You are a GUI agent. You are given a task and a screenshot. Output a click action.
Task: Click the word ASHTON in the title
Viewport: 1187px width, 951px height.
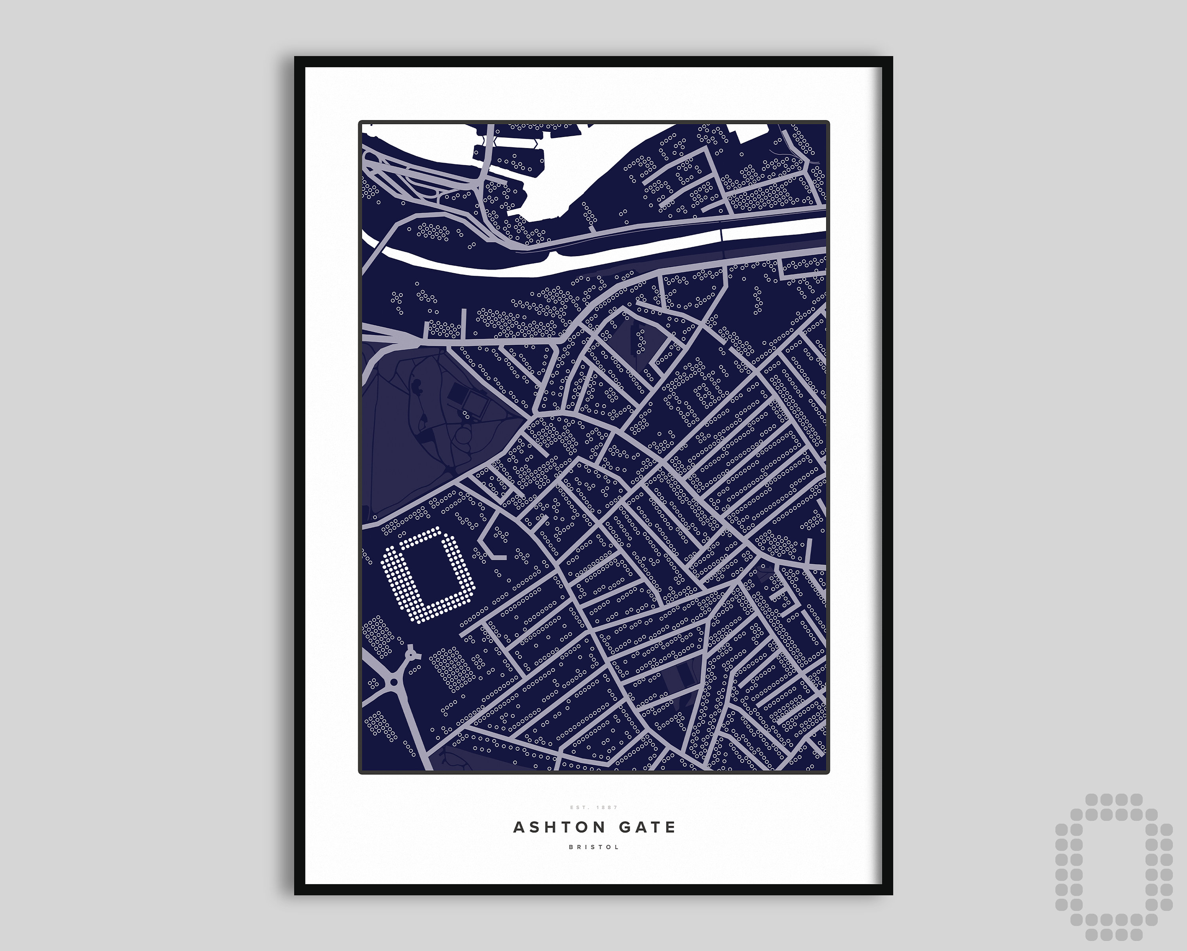[x=559, y=827]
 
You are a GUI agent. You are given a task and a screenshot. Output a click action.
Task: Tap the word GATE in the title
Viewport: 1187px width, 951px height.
[x=647, y=827]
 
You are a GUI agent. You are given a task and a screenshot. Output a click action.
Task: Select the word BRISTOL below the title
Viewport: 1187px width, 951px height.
[x=593, y=847]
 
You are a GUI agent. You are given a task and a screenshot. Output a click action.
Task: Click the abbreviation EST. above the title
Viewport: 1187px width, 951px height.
[x=580, y=807]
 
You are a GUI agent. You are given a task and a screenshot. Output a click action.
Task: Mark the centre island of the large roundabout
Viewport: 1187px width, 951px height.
[x=393, y=682]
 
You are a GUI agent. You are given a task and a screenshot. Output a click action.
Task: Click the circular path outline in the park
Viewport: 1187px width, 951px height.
[x=463, y=438]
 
